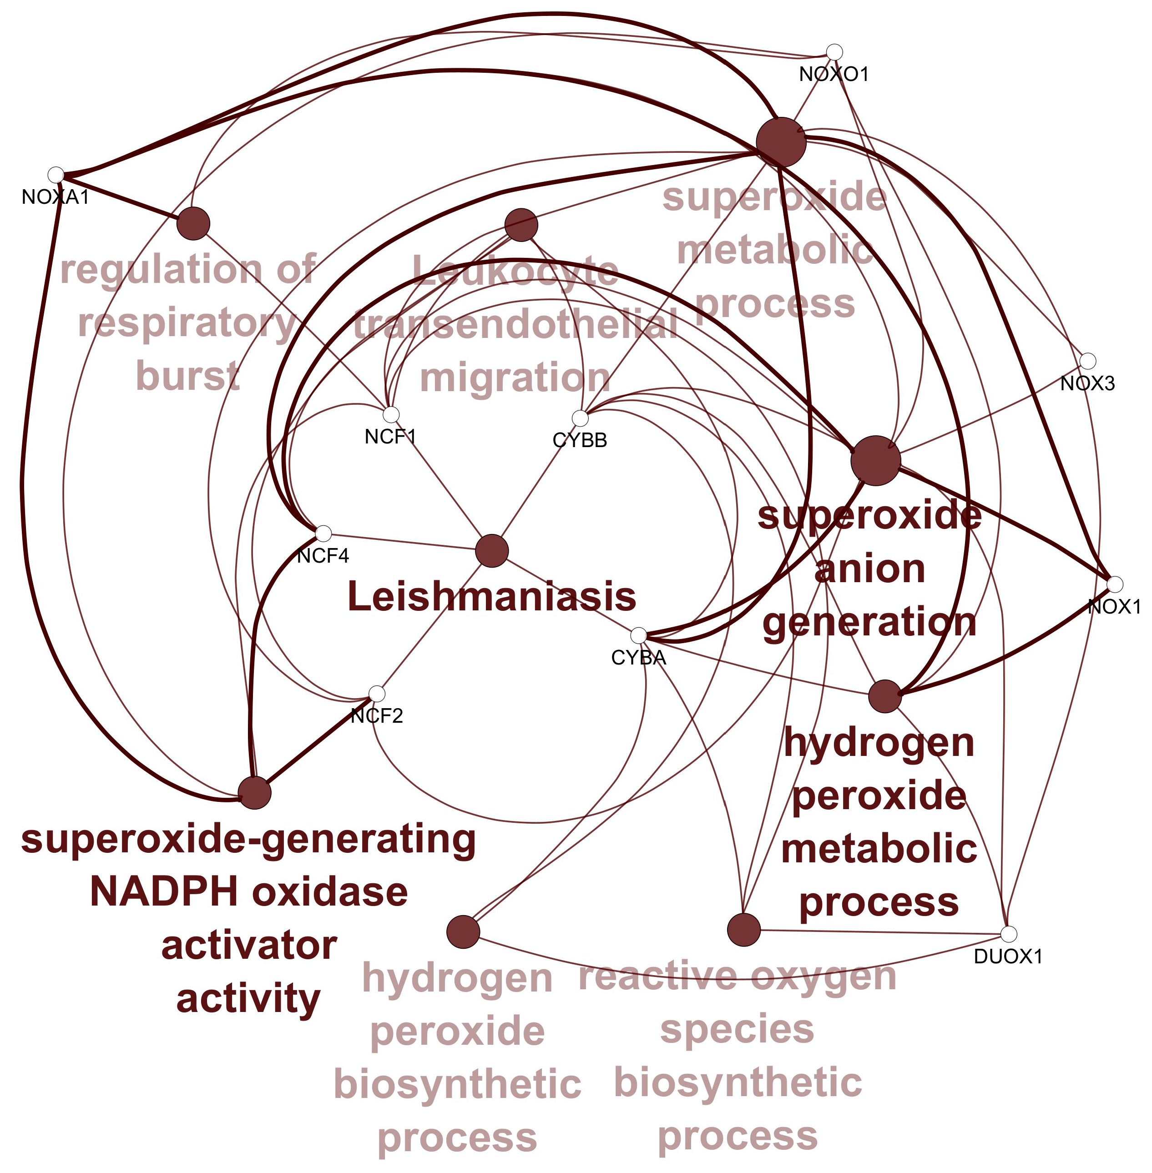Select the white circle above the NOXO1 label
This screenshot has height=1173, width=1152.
834,52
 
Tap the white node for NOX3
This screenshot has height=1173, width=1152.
1087,361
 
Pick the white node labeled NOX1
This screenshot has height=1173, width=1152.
1115,584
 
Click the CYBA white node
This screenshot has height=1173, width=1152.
638,636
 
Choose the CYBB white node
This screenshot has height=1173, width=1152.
580,418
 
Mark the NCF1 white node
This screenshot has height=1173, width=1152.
391,414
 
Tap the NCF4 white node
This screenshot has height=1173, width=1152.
323,534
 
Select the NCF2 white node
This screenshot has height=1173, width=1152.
376,694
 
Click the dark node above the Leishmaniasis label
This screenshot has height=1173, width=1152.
492,550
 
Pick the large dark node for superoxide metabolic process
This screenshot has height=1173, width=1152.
781,142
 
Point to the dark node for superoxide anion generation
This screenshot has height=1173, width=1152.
875,460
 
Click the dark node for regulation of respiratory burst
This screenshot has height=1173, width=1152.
193,223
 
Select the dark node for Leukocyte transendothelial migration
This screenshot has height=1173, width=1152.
521,225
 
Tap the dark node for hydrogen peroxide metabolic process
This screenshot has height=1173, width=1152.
884,696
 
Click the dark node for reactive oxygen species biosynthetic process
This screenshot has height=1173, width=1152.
743,929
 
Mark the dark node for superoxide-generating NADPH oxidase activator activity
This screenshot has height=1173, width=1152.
254,792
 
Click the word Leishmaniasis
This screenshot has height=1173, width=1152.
492,596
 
